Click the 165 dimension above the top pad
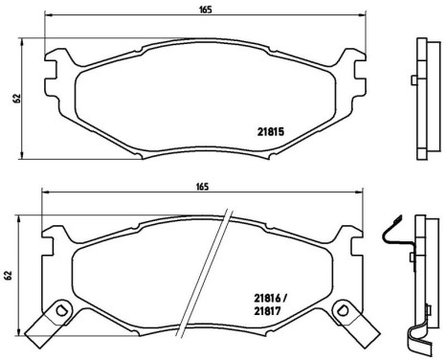coord(205,10)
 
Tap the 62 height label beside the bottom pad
coord(9,277)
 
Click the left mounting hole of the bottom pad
coord(61,308)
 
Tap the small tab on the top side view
coord(411,80)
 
